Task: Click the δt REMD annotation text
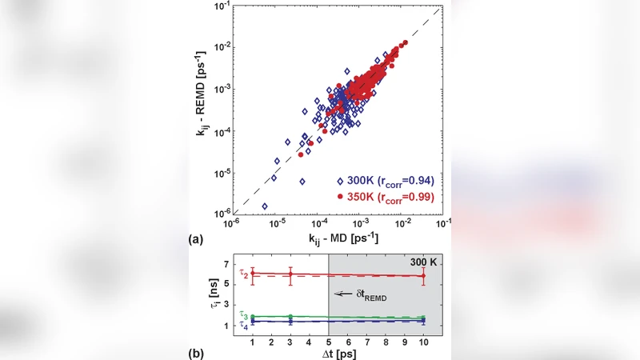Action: coord(373,294)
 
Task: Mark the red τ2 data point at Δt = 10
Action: coord(423,276)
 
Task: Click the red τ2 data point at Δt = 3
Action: coord(290,274)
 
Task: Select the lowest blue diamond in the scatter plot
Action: coord(265,206)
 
